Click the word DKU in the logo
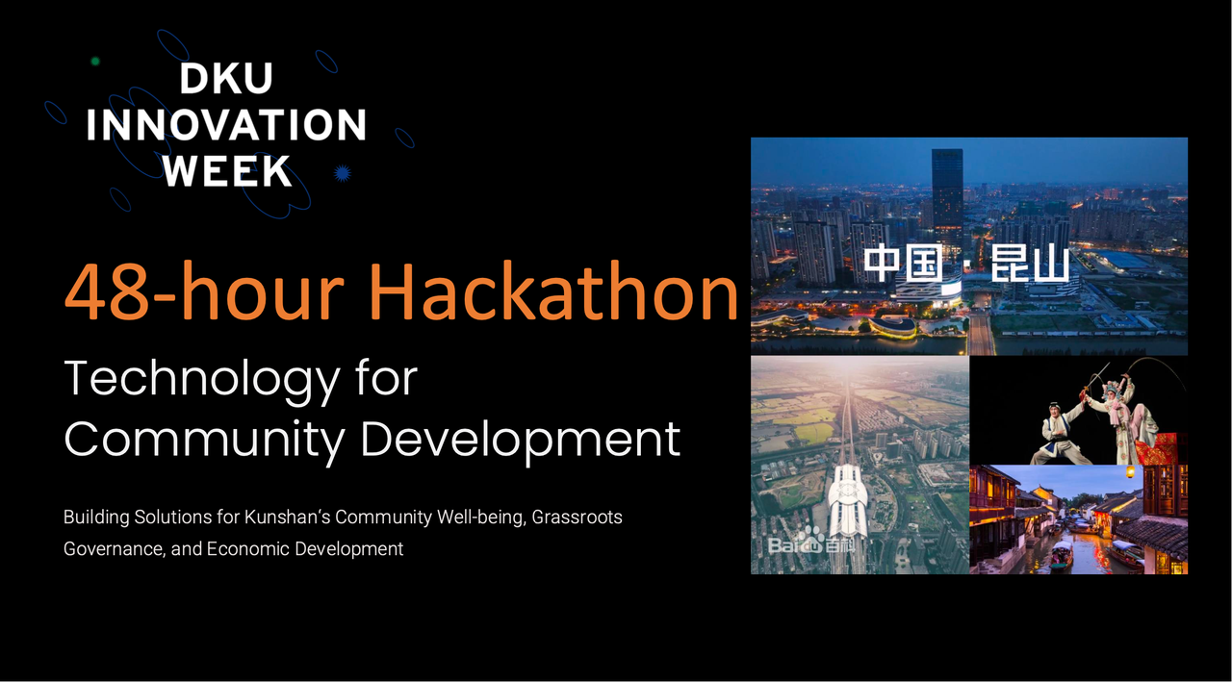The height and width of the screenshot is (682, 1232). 226,79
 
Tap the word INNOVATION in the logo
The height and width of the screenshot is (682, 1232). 226,125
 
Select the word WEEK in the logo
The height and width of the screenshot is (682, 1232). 227,171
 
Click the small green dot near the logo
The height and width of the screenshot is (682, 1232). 95,61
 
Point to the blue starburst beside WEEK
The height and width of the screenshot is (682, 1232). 342,174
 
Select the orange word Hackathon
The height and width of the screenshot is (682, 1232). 552,290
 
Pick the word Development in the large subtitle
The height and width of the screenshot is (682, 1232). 521,441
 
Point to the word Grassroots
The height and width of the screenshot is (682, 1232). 577,518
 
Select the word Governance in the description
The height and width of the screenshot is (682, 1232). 115,549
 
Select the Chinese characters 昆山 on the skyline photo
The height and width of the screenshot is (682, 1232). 1030,264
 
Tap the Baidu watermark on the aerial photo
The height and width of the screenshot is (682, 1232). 811,542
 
